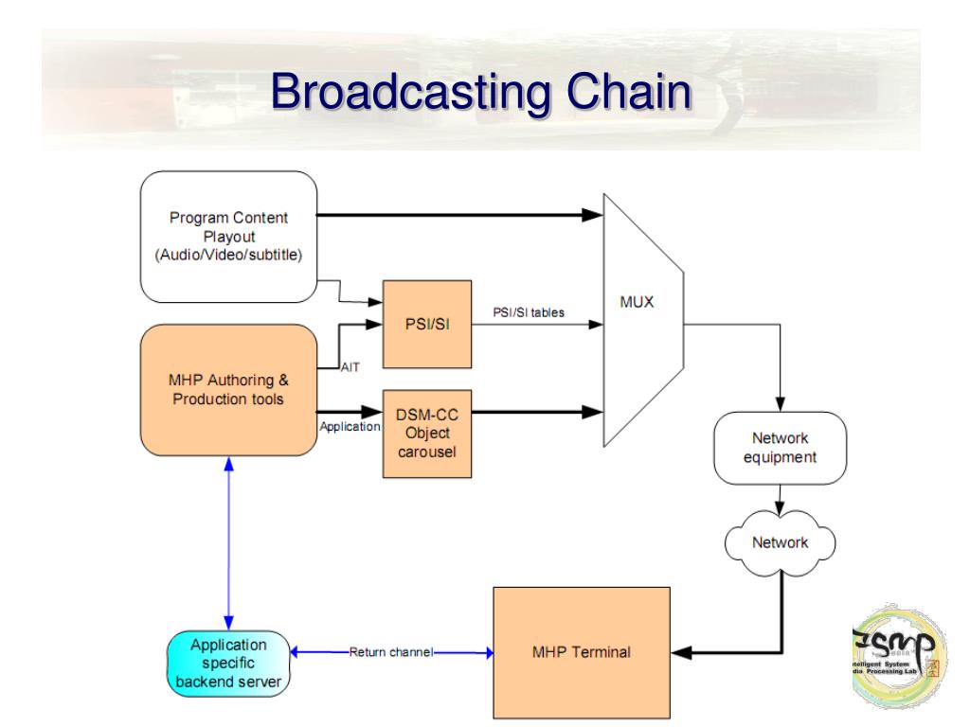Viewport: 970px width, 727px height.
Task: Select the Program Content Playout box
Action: (228, 237)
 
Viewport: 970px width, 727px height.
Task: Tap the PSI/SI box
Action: (425, 324)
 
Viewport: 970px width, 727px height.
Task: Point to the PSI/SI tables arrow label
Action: (528, 312)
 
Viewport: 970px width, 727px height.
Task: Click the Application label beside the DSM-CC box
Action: (350, 427)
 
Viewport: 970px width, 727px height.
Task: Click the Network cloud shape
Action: (780, 543)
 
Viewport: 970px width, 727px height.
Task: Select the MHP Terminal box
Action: (581, 652)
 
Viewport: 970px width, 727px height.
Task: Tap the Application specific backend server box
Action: (228, 662)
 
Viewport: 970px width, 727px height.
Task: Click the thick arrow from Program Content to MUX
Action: (455, 216)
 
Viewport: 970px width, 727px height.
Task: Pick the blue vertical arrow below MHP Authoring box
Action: (228, 540)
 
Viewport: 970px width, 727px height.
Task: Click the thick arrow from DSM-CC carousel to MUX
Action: (535, 412)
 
